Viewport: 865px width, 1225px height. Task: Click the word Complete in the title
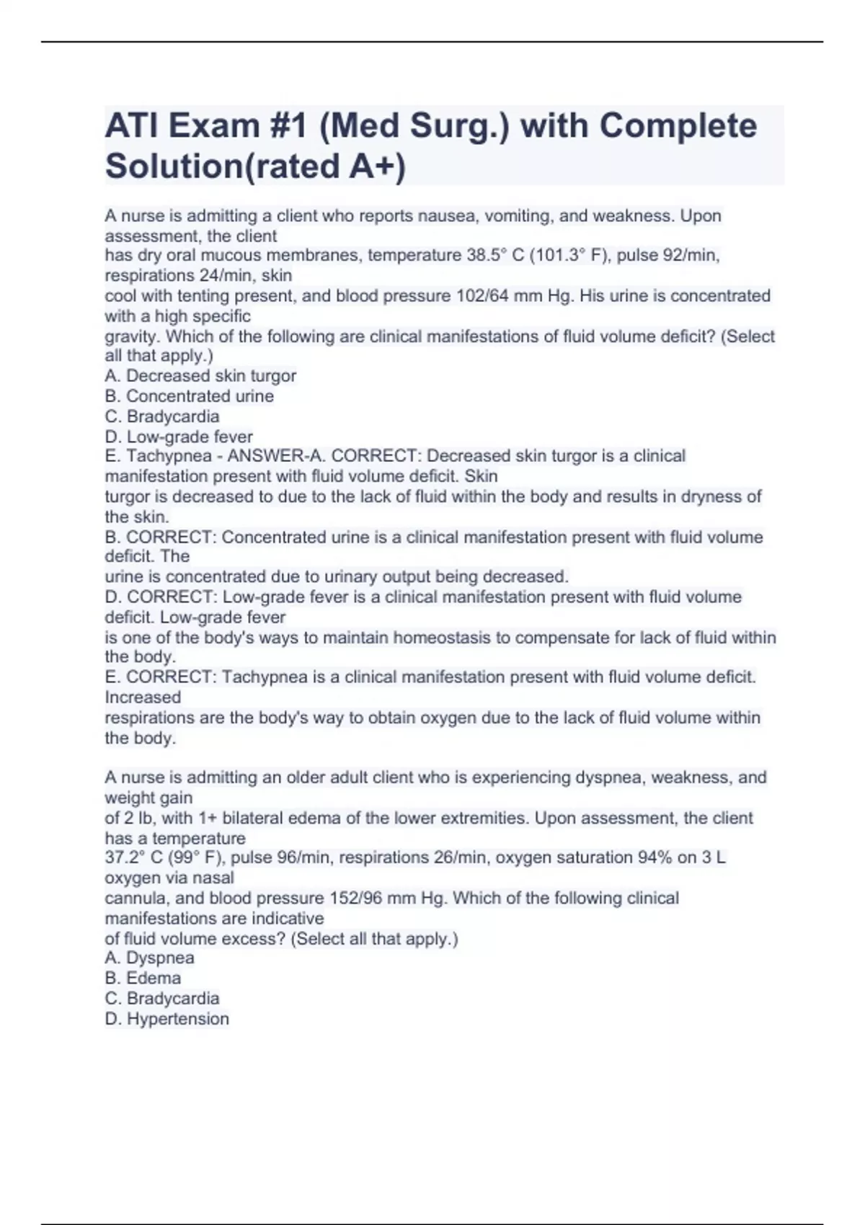(x=678, y=126)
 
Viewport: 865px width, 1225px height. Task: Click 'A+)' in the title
(x=377, y=166)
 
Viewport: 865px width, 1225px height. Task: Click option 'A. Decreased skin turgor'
(x=200, y=375)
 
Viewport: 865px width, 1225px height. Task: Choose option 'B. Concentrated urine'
(x=189, y=396)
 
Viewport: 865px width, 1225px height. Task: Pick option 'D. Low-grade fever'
(x=179, y=437)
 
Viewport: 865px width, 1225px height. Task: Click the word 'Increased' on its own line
(x=143, y=697)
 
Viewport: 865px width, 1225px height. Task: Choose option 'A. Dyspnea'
(x=149, y=958)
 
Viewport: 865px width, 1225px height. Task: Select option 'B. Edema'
(x=143, y=978)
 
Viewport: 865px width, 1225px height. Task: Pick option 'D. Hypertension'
(x=167, y=1018)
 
